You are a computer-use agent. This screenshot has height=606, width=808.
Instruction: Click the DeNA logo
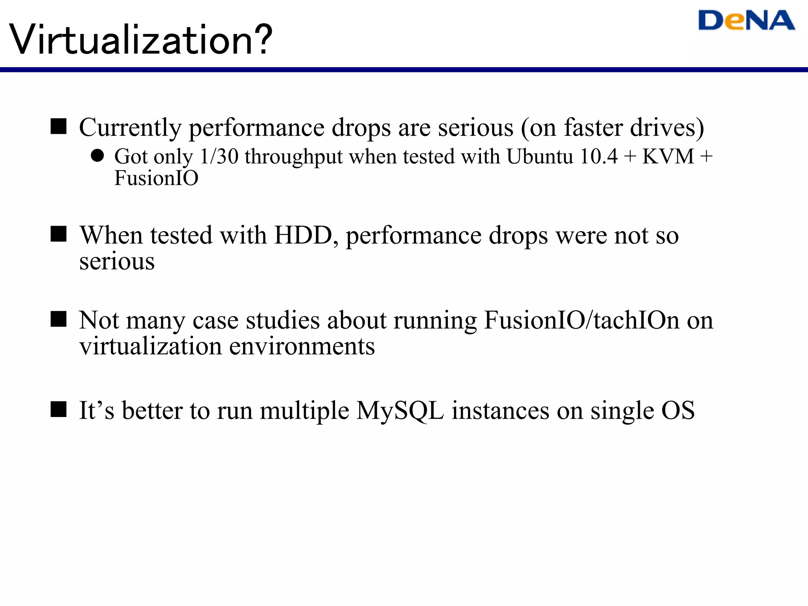(x=746, y=21)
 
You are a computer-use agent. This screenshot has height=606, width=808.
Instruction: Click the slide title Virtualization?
(x=141, y=40)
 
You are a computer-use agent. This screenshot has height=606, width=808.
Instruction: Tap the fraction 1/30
(x=219, y=156)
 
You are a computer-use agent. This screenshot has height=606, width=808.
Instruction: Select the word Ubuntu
(x=539, y=156)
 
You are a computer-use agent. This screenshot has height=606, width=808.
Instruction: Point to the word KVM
(x=668, y=156)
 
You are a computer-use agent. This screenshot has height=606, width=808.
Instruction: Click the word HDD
(x=303, y=236)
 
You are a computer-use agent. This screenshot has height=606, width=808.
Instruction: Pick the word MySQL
(x=400, y=411)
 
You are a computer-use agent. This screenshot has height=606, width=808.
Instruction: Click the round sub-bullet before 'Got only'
(x=97, y=156)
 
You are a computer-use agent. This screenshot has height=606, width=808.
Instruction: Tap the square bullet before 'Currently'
(x=59, y=127)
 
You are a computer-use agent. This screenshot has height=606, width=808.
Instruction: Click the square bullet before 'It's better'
(x=59, y=409)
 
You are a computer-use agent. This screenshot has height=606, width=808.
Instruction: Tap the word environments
(x=302, y=347)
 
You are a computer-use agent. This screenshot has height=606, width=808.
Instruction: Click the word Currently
(x=130, y=128)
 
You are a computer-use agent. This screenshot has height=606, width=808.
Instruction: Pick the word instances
(x=500, y=411)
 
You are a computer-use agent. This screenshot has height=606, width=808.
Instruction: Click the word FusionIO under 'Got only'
(x=156, y=178)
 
